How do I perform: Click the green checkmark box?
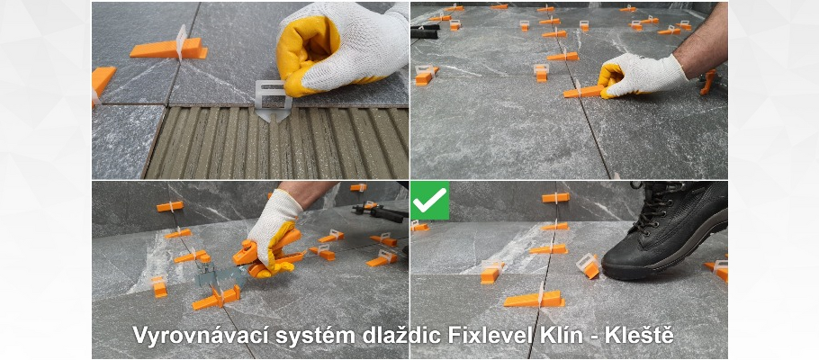click(x=430, y=201)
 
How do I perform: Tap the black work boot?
click(x=667, y=229)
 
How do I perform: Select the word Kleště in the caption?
click(x=639, y=335)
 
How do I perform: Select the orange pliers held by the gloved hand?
click(x=268, y=255)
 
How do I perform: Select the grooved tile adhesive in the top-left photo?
click(x=276, y=143)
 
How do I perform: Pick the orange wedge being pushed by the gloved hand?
click(x=583, y=91)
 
